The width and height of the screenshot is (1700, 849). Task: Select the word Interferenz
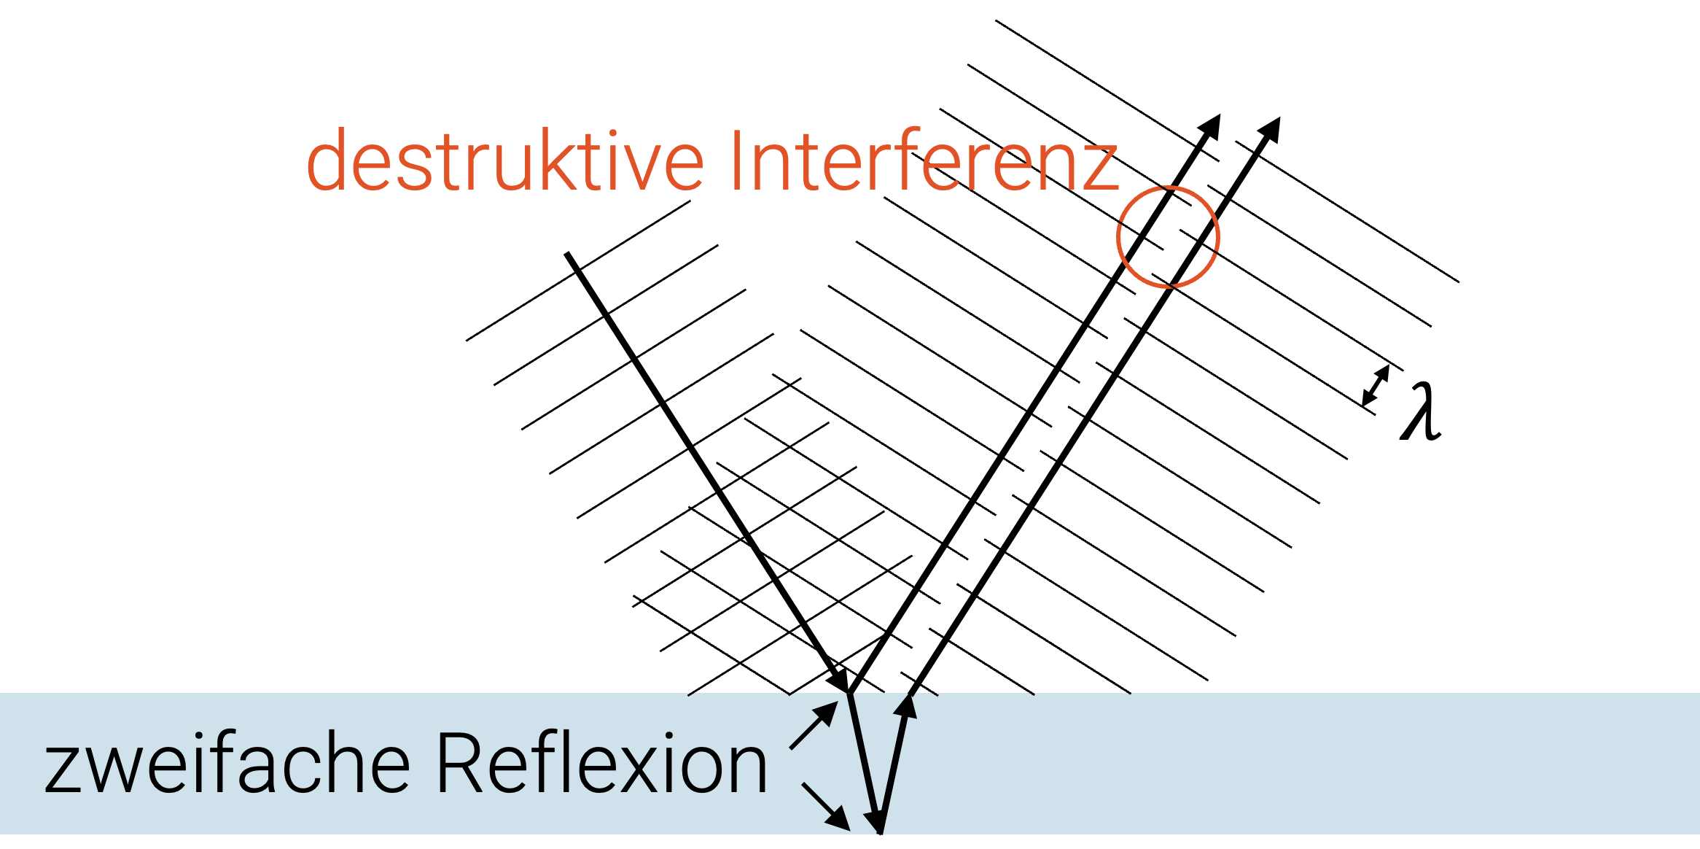tap(922, 160)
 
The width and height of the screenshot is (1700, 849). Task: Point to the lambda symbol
tap(1420, 412)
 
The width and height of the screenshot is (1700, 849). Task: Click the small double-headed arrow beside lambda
tap(1376, 386)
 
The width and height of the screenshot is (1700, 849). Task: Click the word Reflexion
tap(601, 763)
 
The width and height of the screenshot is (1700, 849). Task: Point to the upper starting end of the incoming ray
tap(568, 255)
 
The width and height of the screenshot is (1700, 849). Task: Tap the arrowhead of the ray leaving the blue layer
tap(906, 706)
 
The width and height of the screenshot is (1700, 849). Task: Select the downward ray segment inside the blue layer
tap(863, 759)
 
